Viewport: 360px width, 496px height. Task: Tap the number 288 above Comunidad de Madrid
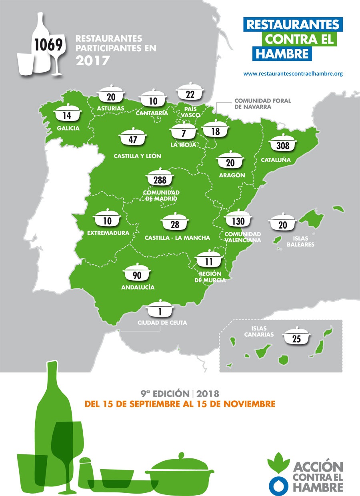coord(160,180)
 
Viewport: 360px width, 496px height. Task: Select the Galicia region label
coord(68,129)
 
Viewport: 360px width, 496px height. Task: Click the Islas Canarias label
coord(260,331)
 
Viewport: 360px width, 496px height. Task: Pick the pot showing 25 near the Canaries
coord(296,338)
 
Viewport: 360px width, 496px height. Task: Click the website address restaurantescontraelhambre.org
coord(293,74)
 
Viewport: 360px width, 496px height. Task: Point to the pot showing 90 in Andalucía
coord(138,275)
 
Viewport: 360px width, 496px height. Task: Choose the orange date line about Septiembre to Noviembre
coord(180,404)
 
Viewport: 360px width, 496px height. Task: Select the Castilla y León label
coord(137,156)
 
